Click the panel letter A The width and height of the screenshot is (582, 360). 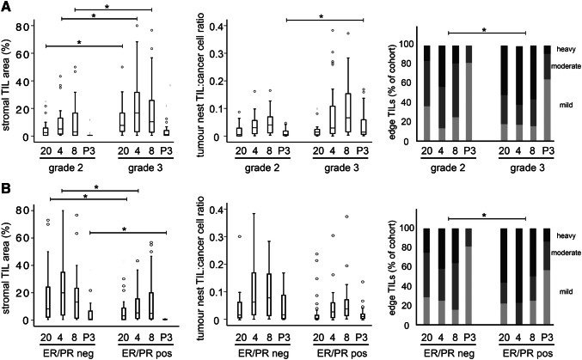[x=8, y=8]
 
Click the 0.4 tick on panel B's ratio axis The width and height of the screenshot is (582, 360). [x=217, y=209]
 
